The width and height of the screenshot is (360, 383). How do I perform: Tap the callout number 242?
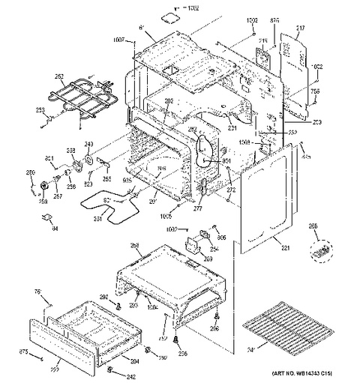point(131,376)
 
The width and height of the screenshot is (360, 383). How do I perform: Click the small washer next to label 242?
point(110,370)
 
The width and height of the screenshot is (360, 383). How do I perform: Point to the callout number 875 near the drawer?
point(22,351)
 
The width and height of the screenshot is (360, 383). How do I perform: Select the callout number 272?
point(231,192)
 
